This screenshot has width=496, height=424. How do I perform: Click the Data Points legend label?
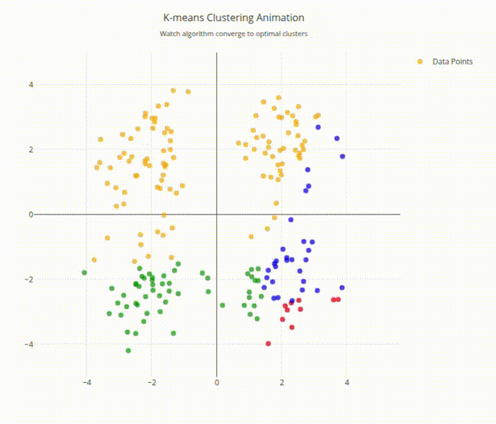(x=452, y=62)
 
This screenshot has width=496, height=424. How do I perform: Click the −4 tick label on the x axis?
(x=86, y=383)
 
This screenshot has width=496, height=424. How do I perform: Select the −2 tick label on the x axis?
(x=151, y=383)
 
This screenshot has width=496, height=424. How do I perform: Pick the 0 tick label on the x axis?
(x=217, y=383)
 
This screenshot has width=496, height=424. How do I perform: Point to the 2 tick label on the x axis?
(x=282, y=383)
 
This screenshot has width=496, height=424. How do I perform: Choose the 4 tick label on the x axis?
(x=347, y=383)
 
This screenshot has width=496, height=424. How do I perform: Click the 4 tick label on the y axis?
(x=70, y=84)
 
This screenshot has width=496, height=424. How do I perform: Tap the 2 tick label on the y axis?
(x=70, y=149)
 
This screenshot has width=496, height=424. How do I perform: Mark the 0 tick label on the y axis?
(x=70, y=214)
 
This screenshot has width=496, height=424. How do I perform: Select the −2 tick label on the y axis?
(x=68, y=280)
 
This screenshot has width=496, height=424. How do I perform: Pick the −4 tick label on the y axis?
(x=68, y=345)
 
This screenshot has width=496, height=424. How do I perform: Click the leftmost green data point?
(x=84, y=273)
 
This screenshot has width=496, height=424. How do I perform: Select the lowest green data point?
(x=128, y=350)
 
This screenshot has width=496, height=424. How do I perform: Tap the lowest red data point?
(x=269, y=343)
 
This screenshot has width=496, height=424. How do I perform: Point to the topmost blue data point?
(x=318, y=127)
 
